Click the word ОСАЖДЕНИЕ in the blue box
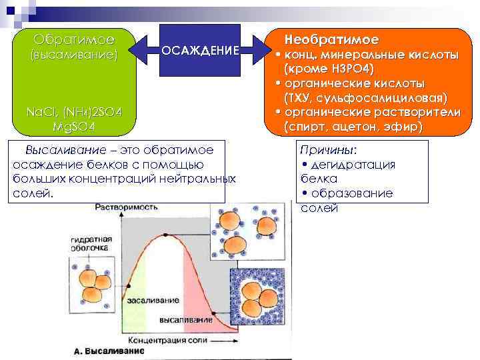click(x=207, y=52)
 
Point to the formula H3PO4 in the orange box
click(x=347, y=69)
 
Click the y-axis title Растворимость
click(x=122, y=207)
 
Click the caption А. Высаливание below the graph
click(x=109, y=351)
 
